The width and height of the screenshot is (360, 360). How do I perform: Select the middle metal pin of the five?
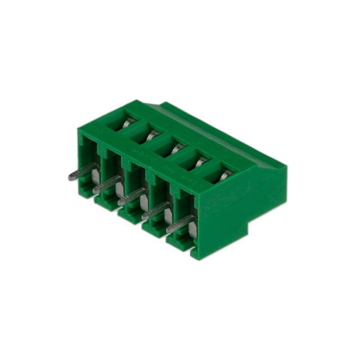130,197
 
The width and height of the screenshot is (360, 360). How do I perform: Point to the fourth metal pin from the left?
155,210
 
